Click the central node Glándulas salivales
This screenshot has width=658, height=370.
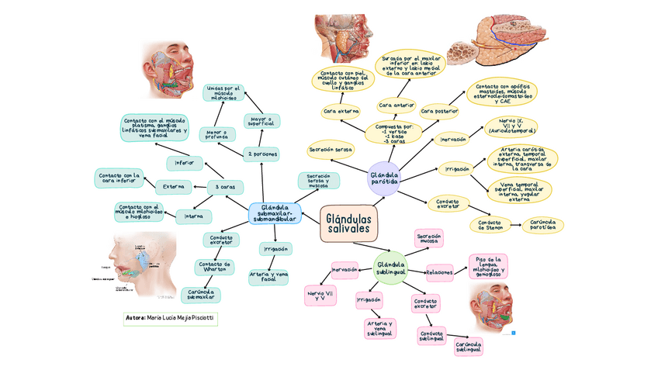click(348, 223)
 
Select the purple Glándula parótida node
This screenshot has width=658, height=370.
click(384, 179)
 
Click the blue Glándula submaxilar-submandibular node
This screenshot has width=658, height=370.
click(275, 213)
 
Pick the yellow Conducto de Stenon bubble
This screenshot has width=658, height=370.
click(490, 224)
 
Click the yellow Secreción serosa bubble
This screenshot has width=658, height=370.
click(331, 149)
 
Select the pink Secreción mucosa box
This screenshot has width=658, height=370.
click(428, 237)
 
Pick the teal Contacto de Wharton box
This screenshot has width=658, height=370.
click(215, 267)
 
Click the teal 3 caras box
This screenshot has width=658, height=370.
click(225, 186)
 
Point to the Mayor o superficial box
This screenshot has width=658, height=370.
click(261, 120)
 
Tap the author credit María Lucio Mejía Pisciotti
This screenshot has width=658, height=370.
click(171, 319)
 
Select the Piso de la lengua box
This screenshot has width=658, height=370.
click(488, 266)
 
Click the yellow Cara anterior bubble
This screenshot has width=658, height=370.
click(396, 105)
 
